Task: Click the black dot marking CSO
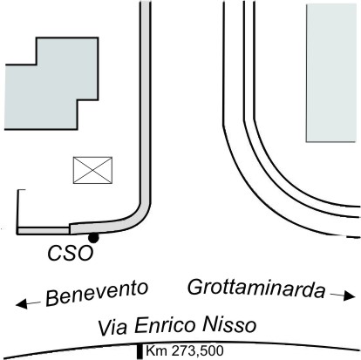click(93, 238)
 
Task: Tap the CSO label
click(71, 253)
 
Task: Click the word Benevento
click(97, 293)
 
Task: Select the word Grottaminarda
click(256, 289)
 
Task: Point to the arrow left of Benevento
click(28, 304)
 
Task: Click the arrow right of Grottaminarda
click(343, 295)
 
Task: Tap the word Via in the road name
click(112, 328)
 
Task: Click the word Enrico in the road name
click(166, 325)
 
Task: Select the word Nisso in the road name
click(229, 324)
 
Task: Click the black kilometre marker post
click(140, 351)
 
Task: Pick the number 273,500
click(198, 351)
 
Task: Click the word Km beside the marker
click(156, 350)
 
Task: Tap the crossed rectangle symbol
click(92, 170)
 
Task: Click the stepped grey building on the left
click(51, 84)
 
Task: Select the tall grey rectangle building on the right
click(331, 73)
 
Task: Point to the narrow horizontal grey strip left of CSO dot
click(43, 231)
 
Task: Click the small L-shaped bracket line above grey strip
click(18, 208)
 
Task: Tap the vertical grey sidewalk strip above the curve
click(145, 102)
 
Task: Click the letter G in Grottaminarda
click(194, 287)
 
